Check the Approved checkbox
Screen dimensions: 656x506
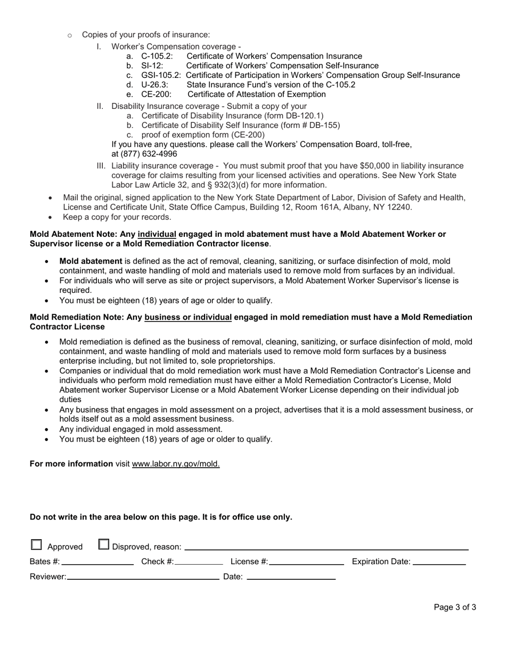pos(36,545)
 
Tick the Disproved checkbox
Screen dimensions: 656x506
pos(104,545)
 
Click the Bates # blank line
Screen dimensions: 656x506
pos(97,562)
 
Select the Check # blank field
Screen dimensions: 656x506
pos(199,562)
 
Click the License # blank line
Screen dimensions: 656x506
pos(307,562)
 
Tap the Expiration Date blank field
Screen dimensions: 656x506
pos(439,562)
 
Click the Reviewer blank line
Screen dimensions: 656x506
pos(143,577)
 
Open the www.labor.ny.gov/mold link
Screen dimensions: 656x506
pos(176,463)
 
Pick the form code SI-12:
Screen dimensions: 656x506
pos(152,66)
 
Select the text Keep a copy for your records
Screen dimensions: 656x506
pos(117,217)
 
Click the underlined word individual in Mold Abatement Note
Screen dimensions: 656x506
pos(157,234)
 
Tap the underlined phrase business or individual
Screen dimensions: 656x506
pos(188,317)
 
